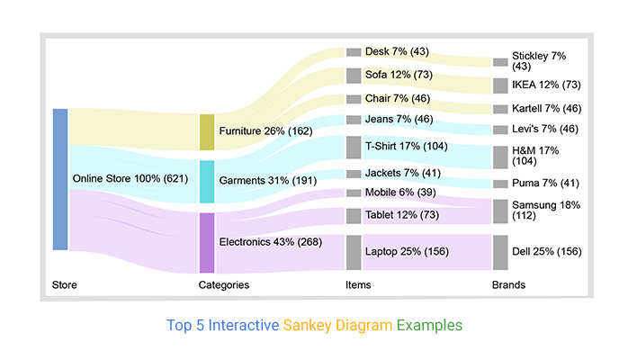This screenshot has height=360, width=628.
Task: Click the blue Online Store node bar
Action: click(x=60, y=179)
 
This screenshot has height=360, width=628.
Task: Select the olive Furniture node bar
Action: click(x=207, y=132)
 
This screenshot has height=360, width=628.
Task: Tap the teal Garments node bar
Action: click(x=207, y=182)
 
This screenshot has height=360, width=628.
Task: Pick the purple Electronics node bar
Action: click(x=207, y=242)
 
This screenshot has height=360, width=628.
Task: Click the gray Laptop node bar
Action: click(x=354, y=252)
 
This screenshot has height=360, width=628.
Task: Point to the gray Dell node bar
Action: click(x=500, y=252)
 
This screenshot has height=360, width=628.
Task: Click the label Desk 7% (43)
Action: click(x=397, y=51)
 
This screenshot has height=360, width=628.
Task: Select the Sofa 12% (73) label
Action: click(x=399, y=74)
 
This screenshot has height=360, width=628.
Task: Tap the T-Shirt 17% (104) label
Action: click(x=406, y=146)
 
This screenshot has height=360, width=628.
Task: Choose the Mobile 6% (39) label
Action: click(x=402, y=193)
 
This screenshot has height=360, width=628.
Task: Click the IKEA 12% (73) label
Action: click(x=546, y=85)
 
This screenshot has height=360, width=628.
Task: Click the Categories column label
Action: click(x=223, y=285)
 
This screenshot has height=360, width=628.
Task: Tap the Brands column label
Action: click(x=508, y=285)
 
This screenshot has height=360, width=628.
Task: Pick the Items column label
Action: click(x=358, y=285)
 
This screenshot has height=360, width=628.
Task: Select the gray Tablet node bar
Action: click(x=354, y=216)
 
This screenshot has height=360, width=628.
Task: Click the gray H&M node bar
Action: click(x=500, y=157)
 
